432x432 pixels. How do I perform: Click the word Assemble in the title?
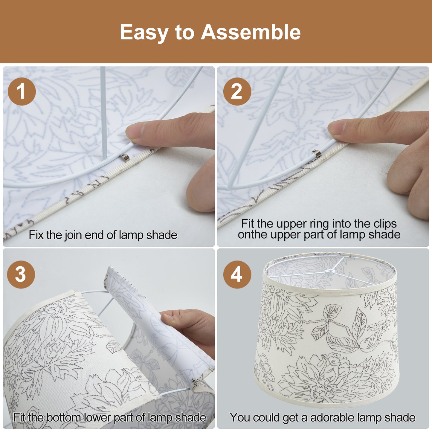click(251, 32)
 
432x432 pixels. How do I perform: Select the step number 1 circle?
click(22, 91)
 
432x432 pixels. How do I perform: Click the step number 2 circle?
click(237, 91)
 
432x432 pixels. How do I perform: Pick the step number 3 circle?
click(21, 274)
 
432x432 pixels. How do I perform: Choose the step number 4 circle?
click(237, 274)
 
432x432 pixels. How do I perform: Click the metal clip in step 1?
click(125, 158)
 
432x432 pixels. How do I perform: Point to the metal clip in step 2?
click(317, 153)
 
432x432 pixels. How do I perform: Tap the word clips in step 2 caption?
click(385, 224)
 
